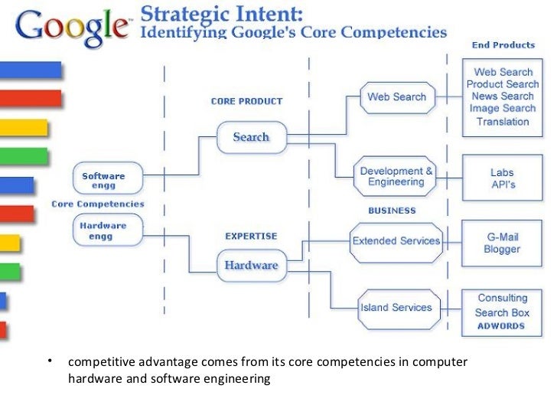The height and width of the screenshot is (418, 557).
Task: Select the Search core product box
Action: [251, 137]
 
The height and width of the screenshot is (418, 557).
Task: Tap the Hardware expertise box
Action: [250, 266]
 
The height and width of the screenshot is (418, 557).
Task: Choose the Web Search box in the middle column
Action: [396, 97]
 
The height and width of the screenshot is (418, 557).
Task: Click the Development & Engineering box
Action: [396, 176]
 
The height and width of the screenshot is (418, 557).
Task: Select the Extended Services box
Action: [396, 240]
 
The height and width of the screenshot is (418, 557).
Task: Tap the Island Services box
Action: [396, 308]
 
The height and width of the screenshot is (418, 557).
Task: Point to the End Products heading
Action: [503, 44]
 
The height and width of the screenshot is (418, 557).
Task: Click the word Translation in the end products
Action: [503, 122]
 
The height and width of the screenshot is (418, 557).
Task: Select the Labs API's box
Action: [502, 179]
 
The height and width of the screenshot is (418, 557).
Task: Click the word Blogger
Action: [502, 250]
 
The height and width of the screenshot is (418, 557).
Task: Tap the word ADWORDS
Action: [502, 326]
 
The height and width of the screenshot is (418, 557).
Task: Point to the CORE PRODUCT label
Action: [246, 101]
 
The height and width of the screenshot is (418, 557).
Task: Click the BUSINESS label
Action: [392, 211]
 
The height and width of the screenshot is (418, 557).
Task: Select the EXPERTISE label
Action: [251, 236]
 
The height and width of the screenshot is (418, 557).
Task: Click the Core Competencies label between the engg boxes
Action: [97, 204]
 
